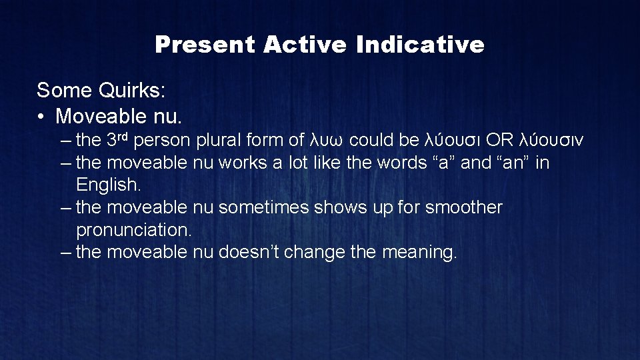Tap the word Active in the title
click(305, 45)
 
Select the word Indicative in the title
click(420, 45)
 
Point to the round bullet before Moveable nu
click(41, 117)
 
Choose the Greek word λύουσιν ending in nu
click(551, 141)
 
